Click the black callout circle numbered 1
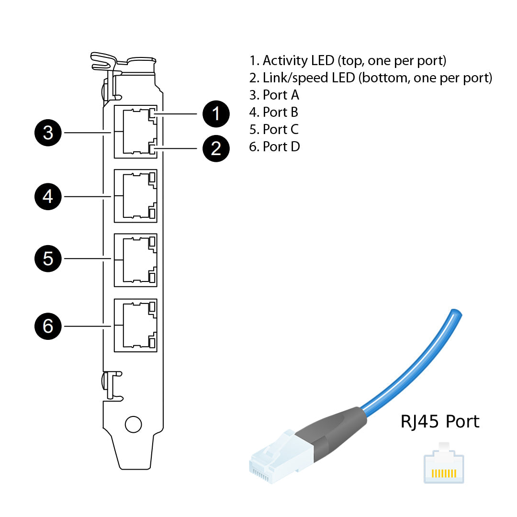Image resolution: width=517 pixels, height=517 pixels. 216,114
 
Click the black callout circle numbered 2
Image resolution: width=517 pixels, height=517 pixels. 216,149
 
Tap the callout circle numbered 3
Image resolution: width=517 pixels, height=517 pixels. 48,133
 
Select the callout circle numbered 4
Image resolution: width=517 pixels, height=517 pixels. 48,196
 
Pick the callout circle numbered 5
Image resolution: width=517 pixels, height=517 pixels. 48,258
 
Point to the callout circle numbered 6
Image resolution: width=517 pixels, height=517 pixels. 48,326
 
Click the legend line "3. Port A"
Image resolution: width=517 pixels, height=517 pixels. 274,95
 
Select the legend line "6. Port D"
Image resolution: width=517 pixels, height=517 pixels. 274,146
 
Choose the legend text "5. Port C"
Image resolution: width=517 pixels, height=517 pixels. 274,129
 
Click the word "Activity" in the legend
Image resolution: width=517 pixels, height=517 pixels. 285,61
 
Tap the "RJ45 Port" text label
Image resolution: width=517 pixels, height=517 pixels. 439,422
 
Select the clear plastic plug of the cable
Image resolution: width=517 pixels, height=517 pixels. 278,457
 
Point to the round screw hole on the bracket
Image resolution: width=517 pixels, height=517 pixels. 133,424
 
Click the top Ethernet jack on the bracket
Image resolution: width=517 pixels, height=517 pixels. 136,132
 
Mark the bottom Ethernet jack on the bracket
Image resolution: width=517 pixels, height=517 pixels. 136,326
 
